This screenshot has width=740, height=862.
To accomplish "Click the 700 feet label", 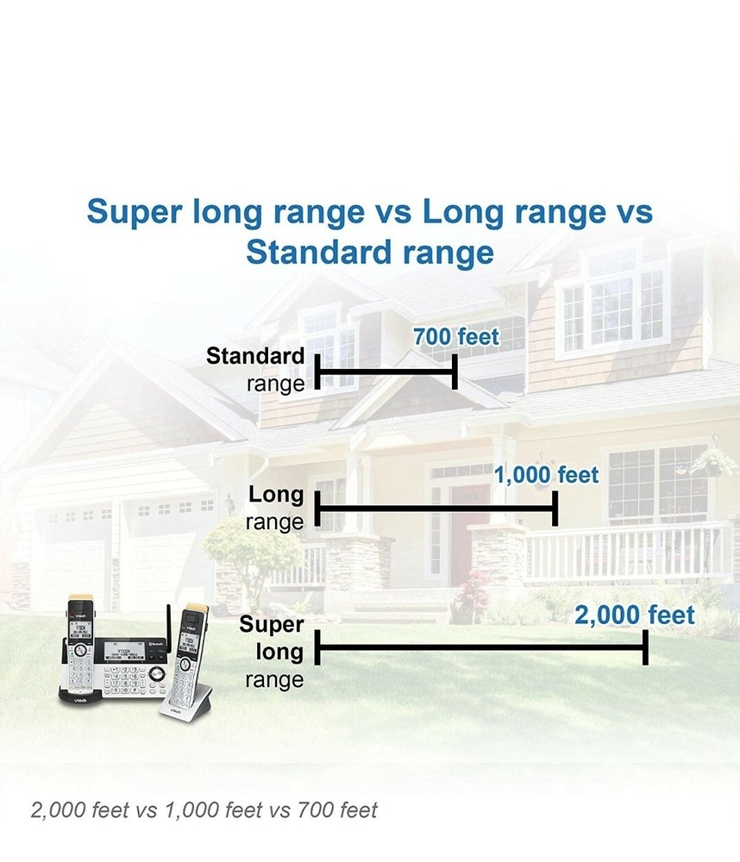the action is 456,337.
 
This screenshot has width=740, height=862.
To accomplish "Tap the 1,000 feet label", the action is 546,475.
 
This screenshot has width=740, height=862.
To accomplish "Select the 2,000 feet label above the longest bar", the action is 635,615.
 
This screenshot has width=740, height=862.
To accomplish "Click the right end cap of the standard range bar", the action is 455,372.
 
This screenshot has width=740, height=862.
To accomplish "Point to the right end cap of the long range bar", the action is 555,509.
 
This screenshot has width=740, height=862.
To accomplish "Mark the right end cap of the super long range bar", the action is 645,647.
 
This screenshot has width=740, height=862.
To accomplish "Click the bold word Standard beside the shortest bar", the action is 255,356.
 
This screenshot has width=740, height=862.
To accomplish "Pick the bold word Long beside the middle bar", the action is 276,494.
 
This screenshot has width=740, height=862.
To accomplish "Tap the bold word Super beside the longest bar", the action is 271,624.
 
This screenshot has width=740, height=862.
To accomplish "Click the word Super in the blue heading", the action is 135,212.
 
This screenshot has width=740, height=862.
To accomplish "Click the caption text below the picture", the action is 204,809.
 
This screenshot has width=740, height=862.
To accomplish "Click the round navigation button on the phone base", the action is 157,673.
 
